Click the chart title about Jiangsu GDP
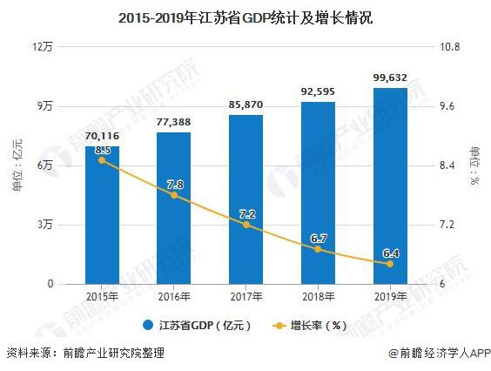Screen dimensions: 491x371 point(245,18)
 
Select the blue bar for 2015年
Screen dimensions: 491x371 point(103,215)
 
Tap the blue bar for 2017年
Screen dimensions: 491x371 point(246,199)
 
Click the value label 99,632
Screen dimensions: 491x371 point(390,78)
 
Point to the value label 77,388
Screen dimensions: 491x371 point(174,122)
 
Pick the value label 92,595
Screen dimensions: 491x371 point(318,91)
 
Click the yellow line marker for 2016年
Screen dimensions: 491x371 point(174,195)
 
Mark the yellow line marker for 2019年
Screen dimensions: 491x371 point(390,264)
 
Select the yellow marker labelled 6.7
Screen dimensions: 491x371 point(318,249)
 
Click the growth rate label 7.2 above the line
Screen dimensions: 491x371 point(247,214)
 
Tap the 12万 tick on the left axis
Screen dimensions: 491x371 point(43,47)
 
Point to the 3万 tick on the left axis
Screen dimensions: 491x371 point(45,225)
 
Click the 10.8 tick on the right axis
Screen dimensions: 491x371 point(450,47)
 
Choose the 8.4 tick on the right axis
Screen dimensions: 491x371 point(447,165)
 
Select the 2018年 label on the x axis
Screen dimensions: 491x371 point(319,296)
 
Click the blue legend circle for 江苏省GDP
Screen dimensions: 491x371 point(148,325)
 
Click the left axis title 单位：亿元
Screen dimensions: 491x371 point(17,165)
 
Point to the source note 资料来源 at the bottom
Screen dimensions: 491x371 point(85,353)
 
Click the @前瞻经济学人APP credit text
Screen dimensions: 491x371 point(440,353)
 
